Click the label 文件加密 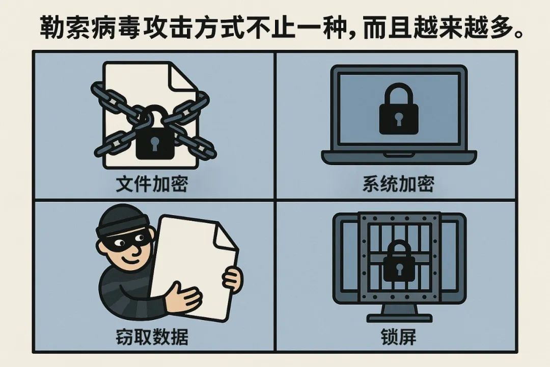coord(152,184)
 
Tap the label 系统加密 coord(398,184)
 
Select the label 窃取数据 coord(152,337)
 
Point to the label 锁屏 coord(398,337)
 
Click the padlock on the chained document coord(155,135)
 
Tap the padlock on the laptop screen coord(399,110)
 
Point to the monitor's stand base coord(399,318)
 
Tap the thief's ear coord(102,248)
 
